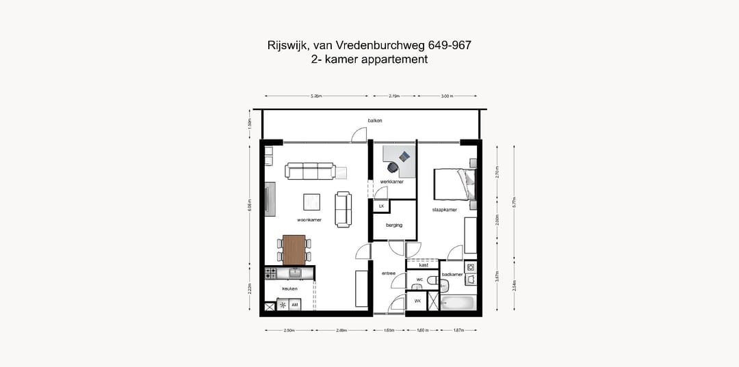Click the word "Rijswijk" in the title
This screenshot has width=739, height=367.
[x=287, y=46]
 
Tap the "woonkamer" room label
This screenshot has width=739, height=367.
[x=309, y=220]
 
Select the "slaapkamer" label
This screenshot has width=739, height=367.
[x=444, y=210]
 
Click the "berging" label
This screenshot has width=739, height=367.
[x=393, y=224]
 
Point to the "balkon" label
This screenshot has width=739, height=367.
[x=374, y=120]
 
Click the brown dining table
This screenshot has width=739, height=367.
[x=294, y=249]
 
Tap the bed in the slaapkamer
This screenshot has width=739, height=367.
[x=453, y=184]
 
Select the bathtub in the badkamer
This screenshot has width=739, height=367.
[x=457, y=302]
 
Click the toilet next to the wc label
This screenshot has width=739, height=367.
[x=432, y=280]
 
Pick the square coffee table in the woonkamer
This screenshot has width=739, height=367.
[x=312, y=202]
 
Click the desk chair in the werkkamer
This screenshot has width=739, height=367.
[x=393, y=167]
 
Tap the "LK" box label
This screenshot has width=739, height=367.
[x=381, y=205]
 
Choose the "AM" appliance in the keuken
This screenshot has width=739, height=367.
[x=294, y=304]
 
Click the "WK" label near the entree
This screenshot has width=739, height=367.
[x=417, y=301]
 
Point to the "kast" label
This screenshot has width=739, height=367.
[x=424, y=265]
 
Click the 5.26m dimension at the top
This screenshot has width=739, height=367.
[x=315, y=96]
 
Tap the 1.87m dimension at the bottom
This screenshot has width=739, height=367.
[x=458, y=330]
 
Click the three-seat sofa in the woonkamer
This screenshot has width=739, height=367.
[x=310, y=171]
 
